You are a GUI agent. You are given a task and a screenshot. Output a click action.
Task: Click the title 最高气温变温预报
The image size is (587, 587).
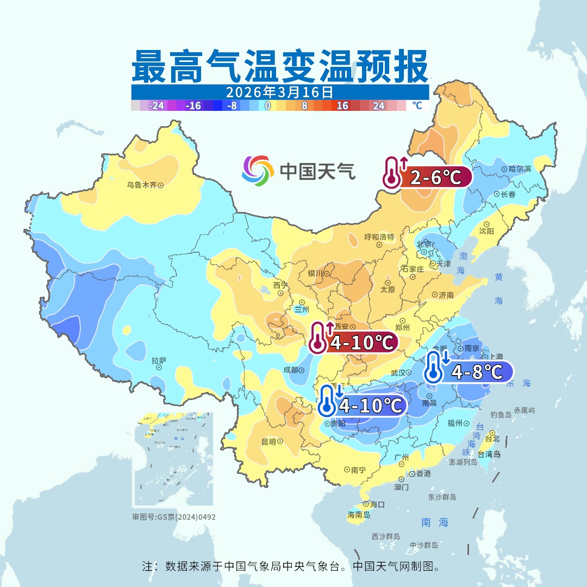(279, 67)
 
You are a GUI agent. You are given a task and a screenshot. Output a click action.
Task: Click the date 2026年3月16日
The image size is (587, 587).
(279, 92)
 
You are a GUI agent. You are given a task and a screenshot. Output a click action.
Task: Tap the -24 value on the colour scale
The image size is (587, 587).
(157, 106)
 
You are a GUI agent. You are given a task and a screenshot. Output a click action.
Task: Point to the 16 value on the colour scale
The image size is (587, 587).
(342, 106)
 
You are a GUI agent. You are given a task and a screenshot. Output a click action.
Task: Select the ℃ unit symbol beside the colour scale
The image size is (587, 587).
(417, 105)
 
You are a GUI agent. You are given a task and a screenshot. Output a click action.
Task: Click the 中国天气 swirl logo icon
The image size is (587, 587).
(258, 170)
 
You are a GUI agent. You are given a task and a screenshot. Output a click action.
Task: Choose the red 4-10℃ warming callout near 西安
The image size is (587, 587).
(353, 343)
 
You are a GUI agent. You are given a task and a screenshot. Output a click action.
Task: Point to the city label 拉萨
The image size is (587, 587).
(159, 360)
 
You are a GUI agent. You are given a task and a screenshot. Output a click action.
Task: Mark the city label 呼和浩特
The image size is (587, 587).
(379, 237)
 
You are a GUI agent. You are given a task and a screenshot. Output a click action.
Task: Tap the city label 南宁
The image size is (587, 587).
(358, 470)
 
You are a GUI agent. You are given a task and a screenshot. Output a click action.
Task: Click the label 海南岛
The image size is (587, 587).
(359, 515)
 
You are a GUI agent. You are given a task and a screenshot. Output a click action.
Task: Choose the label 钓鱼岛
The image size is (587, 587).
(501, 415)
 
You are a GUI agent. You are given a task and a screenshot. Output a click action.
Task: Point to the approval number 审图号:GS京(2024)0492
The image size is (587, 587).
(174, 517)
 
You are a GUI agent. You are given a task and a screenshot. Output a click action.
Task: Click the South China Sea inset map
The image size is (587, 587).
(173, 460)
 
